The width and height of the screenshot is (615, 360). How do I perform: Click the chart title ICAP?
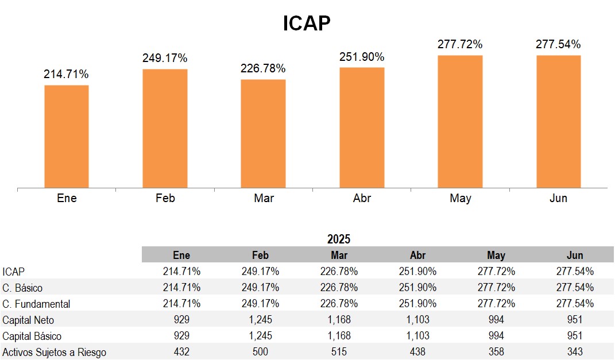coord(307,24)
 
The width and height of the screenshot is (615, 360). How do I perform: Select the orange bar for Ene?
coord(67,137)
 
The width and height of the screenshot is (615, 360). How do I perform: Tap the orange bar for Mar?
coord(263,134)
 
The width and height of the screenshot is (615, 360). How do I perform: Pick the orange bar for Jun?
coord(558,122)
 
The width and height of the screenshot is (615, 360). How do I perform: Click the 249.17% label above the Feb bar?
coord(165,58)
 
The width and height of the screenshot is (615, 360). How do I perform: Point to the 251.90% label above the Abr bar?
coord(362,57)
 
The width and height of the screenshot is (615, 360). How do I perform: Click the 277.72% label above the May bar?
coord(460,44)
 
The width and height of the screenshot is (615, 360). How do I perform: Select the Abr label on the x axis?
coord(362,199)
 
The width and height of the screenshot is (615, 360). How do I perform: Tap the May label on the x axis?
coord(460,199)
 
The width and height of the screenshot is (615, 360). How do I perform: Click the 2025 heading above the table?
coord(339,239)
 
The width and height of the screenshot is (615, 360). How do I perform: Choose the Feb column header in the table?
coord(260,255)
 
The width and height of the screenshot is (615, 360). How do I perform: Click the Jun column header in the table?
coord(574,255)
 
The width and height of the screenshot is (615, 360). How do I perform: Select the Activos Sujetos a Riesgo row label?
coord(54,352)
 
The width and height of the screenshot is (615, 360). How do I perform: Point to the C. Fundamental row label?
coord(36,304)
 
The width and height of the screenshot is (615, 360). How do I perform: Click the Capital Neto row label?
coord(28,320)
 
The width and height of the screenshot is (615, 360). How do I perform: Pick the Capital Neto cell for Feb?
coord(260,320)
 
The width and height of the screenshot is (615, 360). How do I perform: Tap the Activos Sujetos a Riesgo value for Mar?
coord(339,352)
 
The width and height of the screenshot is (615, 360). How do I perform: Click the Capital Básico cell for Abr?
coord(417,336)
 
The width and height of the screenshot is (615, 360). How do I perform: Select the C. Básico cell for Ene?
coord(181,288)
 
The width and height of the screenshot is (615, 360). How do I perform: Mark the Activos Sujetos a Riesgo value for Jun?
coord(574,352)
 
